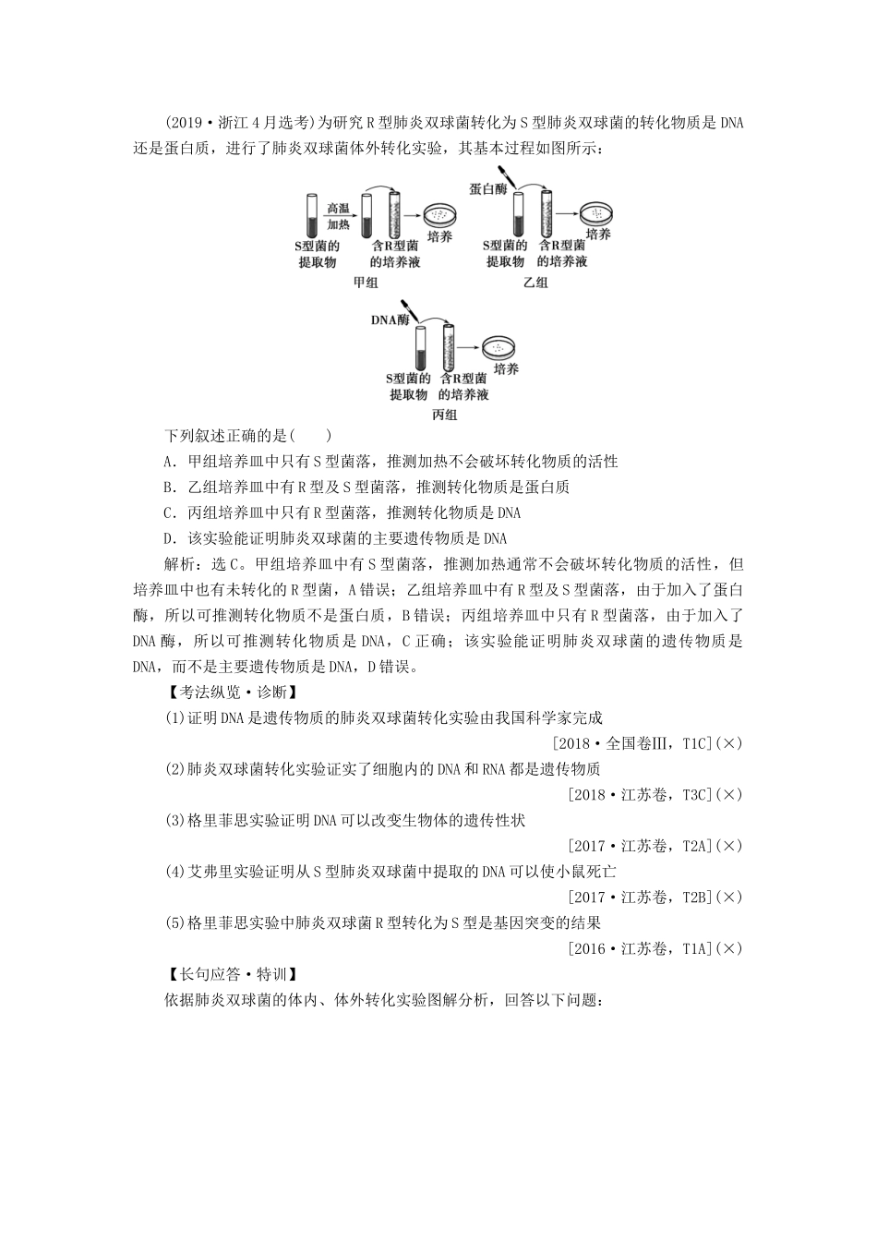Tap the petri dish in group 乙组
596,213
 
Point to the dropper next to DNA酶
406,308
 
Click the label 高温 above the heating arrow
337,210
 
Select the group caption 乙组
535,283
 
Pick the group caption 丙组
445,415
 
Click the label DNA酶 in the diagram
389,320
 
